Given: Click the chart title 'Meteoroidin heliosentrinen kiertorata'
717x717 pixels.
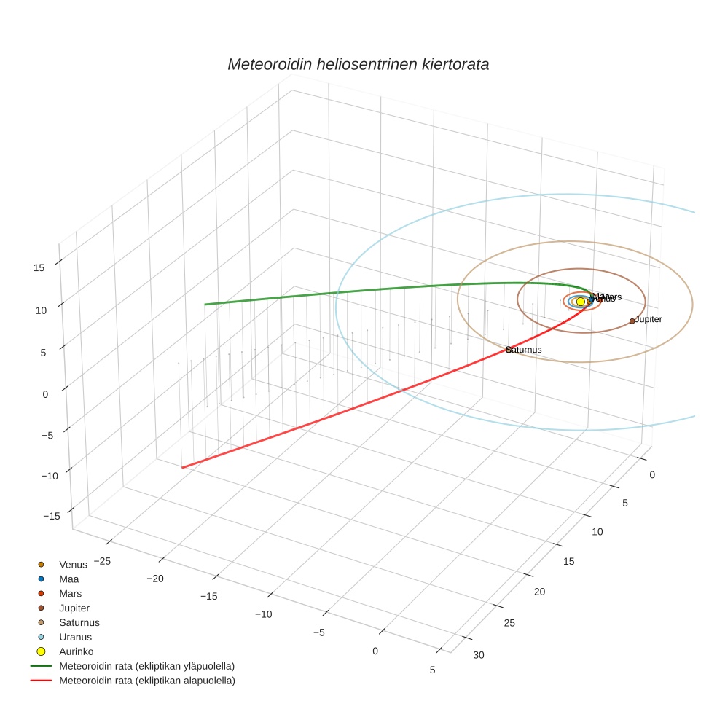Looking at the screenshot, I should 358,64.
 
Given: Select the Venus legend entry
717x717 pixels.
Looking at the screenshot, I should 73,564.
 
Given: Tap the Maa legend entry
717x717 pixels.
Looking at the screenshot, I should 68,579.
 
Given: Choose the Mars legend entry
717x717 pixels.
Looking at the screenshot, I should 70,593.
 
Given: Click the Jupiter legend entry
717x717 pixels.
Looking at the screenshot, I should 74,608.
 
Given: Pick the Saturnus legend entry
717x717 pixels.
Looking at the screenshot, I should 79,622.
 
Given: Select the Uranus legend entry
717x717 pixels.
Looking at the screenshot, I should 75,637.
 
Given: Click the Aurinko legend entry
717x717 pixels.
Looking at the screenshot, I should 76,651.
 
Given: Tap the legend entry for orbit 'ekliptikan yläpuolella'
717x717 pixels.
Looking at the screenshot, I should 146,666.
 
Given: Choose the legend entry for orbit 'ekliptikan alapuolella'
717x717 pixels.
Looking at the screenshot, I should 146,681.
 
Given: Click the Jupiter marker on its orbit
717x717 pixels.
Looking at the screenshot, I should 632,321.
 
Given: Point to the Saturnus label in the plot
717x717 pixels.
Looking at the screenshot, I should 525,350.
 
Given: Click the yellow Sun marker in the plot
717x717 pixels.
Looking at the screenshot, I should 580,302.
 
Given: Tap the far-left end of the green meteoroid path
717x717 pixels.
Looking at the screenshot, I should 205,304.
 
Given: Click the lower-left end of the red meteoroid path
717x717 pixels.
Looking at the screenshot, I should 182,467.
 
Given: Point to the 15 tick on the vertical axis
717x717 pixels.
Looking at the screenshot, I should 39,267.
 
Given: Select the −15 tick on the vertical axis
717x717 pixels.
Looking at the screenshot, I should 51,516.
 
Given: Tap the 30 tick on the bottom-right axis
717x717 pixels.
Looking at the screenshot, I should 478,654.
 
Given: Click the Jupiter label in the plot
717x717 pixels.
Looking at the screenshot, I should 649,319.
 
